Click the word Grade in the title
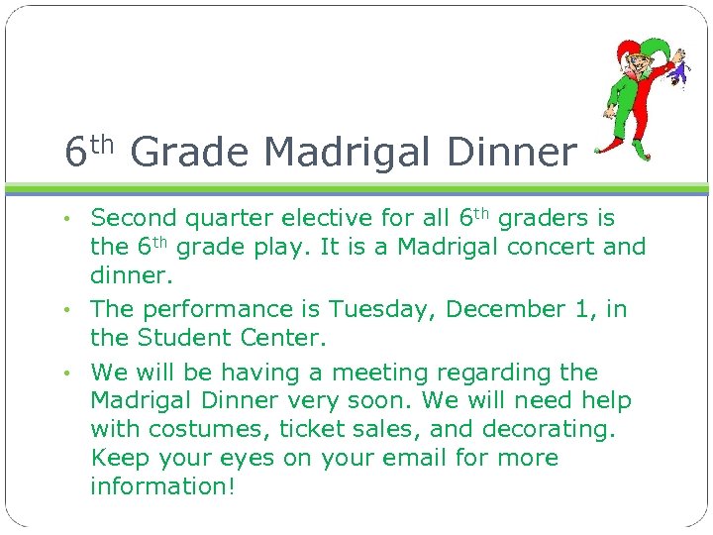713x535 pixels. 188,152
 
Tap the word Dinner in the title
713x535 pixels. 511,152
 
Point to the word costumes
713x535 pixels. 205,430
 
